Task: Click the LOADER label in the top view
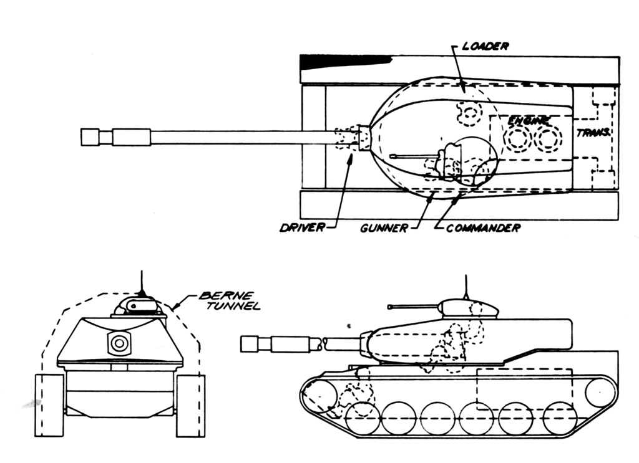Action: pyautogui.click(x=486, y=45)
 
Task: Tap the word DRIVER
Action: pyautogui.click(x=302, y=227)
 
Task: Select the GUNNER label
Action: pyautogui.click(x=383, y=228)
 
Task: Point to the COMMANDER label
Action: pyautogui.click(x=482, y=228)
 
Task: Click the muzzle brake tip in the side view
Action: pyautogui.click(x=250, y=343)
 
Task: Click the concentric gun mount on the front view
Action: pyautogui.click(x=118, y=342)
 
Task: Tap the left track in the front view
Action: pyautogui.click(x=49, y=405)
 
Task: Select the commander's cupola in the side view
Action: pyautogui.click(x=469, y=307)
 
